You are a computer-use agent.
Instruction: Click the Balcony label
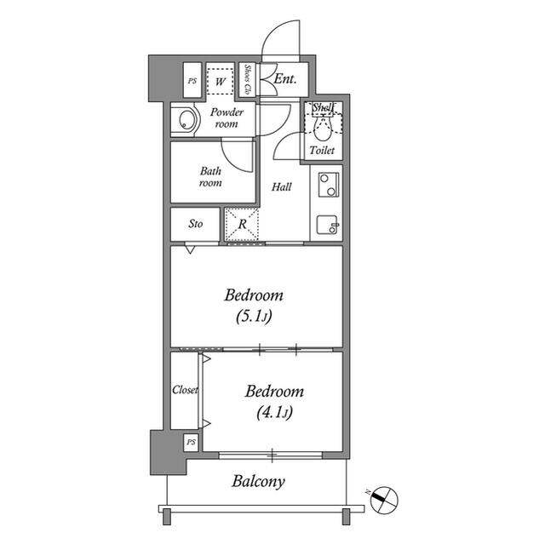(258, 482)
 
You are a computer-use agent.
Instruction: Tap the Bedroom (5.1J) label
(254, 306)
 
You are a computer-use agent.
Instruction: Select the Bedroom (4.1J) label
(274, 402)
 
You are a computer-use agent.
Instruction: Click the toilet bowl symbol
(323, 129)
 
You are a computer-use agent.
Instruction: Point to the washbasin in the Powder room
(187, 120)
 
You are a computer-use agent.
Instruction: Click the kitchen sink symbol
(327, 225)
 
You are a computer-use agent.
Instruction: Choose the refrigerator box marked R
(242, 224)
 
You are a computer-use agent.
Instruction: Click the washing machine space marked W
(220, 82)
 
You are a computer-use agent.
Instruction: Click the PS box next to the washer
(192, 81)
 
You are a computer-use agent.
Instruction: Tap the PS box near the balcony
(191, 443)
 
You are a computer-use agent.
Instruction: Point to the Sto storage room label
(195, 224)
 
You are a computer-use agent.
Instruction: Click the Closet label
(186, 390)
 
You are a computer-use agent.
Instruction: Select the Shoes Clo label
(248, 79)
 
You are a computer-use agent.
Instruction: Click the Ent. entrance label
(285, 79)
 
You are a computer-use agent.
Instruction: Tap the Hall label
(282, 187)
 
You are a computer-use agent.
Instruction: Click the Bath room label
(210, 177)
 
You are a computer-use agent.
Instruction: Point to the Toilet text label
(322, 151)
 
